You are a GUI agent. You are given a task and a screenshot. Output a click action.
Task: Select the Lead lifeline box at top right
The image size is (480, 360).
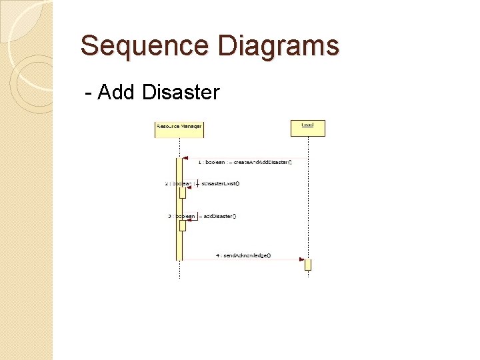(307, 126)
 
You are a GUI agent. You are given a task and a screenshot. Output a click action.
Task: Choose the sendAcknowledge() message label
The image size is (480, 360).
(247, 255)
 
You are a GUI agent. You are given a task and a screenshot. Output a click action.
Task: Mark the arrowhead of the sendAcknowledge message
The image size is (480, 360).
(301, 259)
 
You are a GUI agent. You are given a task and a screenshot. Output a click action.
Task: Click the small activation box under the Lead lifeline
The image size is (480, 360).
(308, 265)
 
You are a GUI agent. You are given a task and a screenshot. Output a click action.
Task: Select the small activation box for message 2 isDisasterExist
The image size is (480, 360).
(182, 193)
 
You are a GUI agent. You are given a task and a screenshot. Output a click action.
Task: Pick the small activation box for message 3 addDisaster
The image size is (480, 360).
(182, 225)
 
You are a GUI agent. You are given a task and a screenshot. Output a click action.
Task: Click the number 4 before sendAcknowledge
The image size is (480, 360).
(217, 255)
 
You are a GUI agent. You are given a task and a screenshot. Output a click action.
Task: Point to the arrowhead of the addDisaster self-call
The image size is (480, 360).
(187, 221)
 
